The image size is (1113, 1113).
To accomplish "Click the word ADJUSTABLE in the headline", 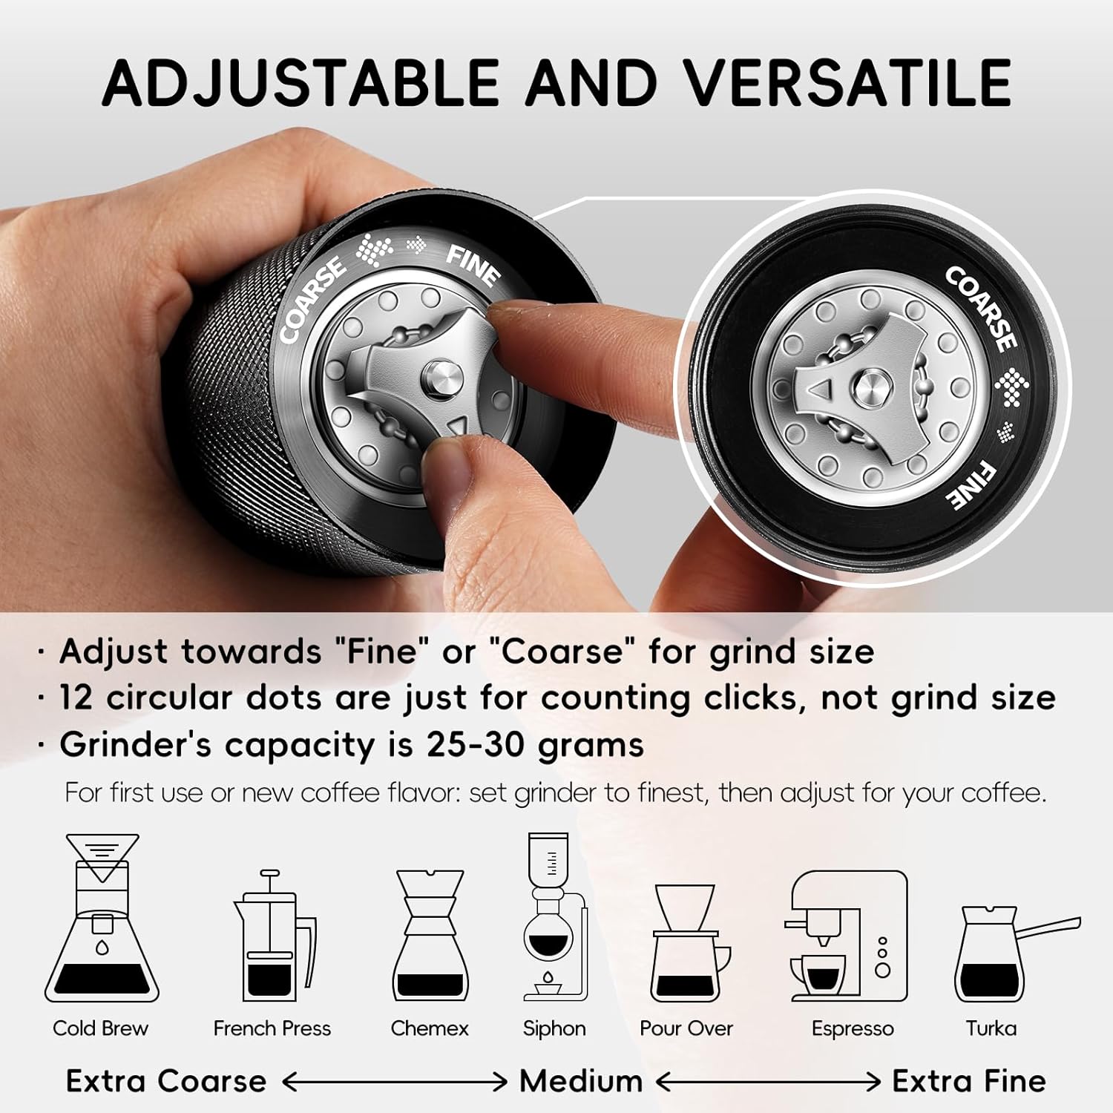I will [x=301, y=82].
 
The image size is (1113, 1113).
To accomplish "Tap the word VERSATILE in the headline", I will [x=846, y=82].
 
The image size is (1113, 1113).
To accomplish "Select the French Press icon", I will [x=273, y=939].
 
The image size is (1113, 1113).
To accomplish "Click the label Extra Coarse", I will [x=165, y=1081].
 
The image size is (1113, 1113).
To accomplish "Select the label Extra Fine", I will [x=968, y=1081].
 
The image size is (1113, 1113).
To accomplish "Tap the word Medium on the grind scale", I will [x=580, y=1081].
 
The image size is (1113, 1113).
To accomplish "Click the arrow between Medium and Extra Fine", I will [x=768, y=1083].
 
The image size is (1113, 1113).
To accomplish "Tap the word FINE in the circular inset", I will [x=974, y=486].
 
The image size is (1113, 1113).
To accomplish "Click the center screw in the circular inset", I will [x=864, y=387].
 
